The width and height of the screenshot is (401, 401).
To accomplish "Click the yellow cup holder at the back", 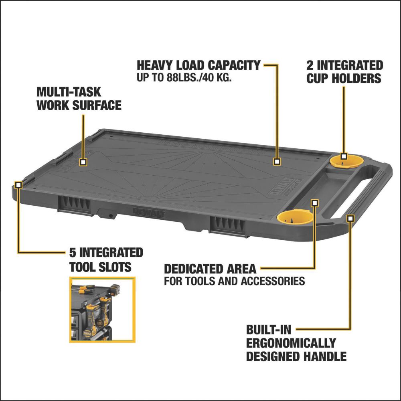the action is (x=346, y=162).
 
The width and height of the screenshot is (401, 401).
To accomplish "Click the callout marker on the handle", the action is (x=350, y=218).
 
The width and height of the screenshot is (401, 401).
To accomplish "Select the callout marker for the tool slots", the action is (x=18, y=184).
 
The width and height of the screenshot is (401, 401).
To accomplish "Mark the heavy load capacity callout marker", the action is (x=277, y=161).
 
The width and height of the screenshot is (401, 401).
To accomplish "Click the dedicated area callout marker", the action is (x=315, y=203).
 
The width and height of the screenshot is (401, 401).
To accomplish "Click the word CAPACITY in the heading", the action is (x=234, y=65).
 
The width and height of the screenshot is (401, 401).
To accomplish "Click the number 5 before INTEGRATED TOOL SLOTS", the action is (x=73, y=253).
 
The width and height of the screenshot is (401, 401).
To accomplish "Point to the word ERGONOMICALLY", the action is (x=291, y=343).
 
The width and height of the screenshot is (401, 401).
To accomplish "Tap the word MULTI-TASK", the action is (x=69, y=92).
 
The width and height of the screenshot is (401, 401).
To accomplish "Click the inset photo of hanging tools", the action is (x=102, y=310).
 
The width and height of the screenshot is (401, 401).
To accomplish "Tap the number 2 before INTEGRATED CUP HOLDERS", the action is (x=310, y=65).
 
